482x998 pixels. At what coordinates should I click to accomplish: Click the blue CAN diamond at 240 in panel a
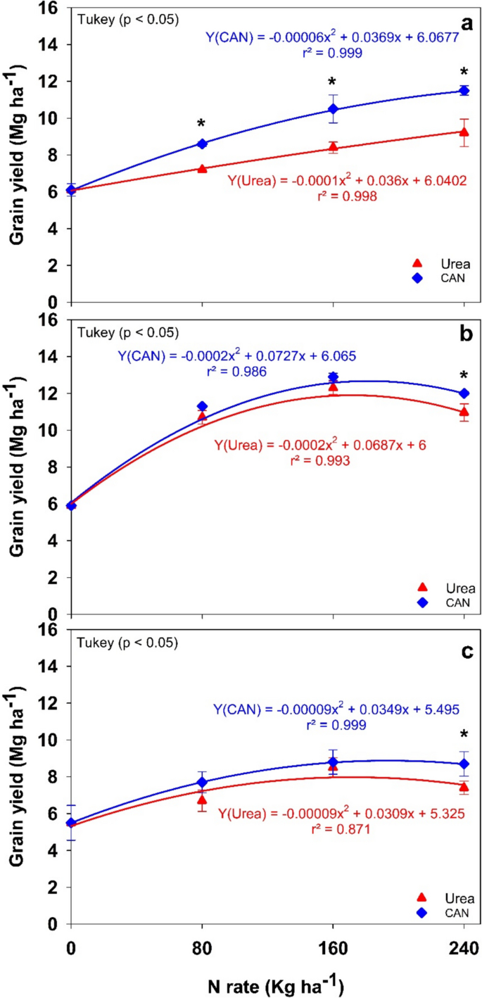464,91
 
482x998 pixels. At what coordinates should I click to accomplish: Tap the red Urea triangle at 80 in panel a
202,169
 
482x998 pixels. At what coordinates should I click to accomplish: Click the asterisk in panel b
464,376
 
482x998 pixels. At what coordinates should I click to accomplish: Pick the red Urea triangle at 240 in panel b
464,411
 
